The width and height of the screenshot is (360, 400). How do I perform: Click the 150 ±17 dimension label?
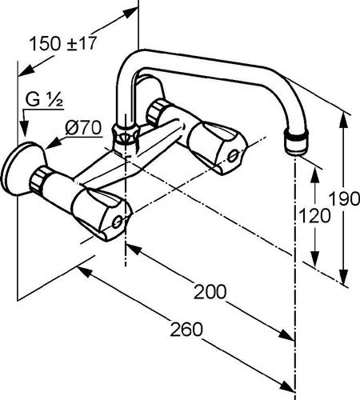tap(63, 43)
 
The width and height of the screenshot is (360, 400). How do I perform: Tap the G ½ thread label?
tap(44, 100)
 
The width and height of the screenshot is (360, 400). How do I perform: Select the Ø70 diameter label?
tap(83, 128)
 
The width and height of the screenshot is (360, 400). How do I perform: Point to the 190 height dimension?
tap(345, 198)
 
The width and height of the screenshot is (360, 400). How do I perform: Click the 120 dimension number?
tap(314, 216)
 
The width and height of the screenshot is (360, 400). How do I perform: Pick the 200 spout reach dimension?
tap(210, 292)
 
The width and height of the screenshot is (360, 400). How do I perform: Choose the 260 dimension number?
tap(186, 330)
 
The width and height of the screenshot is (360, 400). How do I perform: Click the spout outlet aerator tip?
tap(296, 142)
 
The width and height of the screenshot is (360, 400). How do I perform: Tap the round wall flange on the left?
tap(23, 169)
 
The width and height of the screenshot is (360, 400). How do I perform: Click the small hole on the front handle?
tap(117, 222)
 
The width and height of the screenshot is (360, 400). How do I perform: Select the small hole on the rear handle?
tap(233, 156)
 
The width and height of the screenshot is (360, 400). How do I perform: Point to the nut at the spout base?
tap(125, 135)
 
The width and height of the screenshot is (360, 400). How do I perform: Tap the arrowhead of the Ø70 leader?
tap(54, 143)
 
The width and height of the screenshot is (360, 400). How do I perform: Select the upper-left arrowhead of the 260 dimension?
tap(86, 272)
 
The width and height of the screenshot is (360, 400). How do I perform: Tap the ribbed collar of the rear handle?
tap(156, 111)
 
